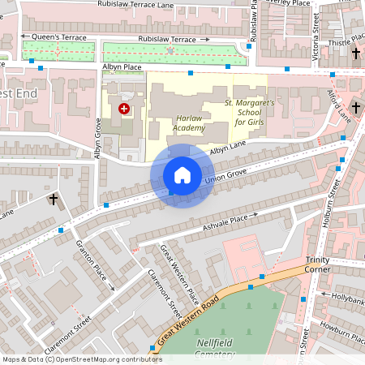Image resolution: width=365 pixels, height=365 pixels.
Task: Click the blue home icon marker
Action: point(182,175)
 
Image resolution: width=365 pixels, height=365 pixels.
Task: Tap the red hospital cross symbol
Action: point(123,108)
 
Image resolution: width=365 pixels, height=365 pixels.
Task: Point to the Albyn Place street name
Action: point(122,67)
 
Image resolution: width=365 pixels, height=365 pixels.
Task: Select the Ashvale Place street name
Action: point(226,220)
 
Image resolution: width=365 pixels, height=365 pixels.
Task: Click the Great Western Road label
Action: point(190,320)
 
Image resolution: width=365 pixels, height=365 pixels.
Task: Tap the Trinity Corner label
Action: point(317,264)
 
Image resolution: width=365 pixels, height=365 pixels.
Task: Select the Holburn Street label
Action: point(332,207)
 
